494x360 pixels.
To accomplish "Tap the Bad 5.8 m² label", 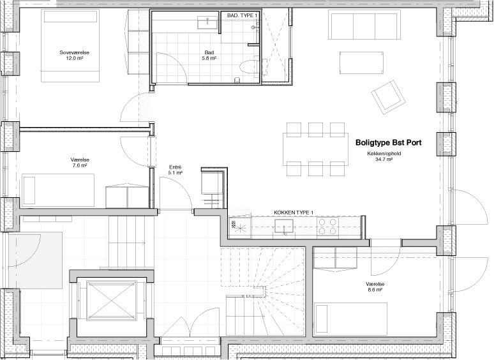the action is [x=209, y=55].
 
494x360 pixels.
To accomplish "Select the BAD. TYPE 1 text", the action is [x=243, y=15].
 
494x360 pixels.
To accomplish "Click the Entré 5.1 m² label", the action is [x=176, y=170].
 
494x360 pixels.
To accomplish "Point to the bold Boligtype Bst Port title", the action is [x=389, y=142].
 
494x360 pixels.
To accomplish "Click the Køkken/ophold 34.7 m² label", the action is [x=384, y=156].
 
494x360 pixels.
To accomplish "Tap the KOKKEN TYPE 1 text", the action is [x=294, y=213].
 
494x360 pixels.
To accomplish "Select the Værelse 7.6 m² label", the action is [x=80, y=162].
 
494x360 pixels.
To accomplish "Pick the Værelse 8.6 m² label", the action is [x=375, y=287].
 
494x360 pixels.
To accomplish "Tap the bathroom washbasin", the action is [x=207, y=22].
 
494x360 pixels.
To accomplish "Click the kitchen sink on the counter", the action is [x=284, y=226].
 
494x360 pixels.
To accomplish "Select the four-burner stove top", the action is [x=327, y=227].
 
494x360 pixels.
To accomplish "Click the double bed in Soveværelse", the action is [x=70, y=46].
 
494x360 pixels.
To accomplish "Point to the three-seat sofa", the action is [x=365, y=24].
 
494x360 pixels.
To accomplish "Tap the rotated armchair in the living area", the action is [x=388, y=97].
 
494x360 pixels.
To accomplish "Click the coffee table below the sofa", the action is [x=361, y=63].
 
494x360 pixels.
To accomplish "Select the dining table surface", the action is [x=315, y=149].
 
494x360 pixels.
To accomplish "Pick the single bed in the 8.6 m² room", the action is [x=350, y=318].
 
